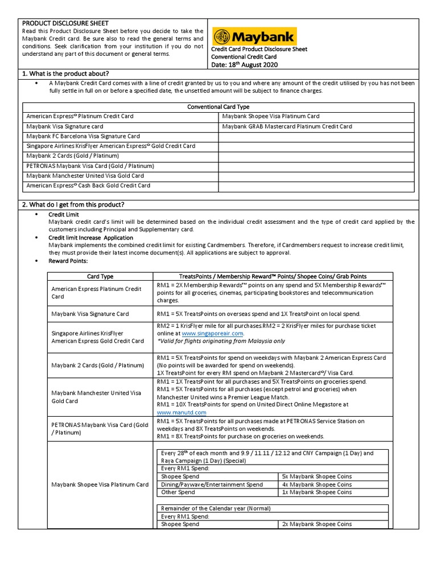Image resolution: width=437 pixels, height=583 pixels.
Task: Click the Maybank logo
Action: coord(254,37)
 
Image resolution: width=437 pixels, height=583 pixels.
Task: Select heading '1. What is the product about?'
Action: coord(65,74)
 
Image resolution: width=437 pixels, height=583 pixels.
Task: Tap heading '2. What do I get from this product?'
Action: coord(73,204)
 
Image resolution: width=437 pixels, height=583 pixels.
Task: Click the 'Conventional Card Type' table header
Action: coord(218,106)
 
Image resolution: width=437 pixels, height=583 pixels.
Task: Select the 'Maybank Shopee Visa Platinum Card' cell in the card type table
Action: coord(271,116)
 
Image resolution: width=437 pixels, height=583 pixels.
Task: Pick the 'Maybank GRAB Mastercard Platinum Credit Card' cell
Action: coord(287,126)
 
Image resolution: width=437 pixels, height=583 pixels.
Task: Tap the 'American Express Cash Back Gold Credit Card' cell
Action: coord(88,185)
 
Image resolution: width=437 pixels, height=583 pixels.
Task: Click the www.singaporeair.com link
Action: coord(212,333)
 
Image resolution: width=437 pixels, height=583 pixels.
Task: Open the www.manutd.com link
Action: coord(182,412)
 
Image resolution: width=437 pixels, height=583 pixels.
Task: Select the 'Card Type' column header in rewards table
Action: coord(100,276)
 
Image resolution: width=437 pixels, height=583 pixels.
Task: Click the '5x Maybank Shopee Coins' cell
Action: coord(317,476)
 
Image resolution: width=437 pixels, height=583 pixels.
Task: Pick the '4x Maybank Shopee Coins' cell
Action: coord(317,485)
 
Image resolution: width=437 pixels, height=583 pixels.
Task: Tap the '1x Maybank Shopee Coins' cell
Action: coord(317,492)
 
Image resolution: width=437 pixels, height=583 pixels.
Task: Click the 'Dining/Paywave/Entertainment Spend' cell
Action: coord(212,485)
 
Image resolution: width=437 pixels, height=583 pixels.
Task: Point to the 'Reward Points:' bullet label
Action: coord(68,260)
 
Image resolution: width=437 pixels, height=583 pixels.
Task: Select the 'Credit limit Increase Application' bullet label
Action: coord(90,237)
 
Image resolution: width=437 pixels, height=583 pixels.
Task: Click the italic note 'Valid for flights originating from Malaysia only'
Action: coord(221,341)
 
